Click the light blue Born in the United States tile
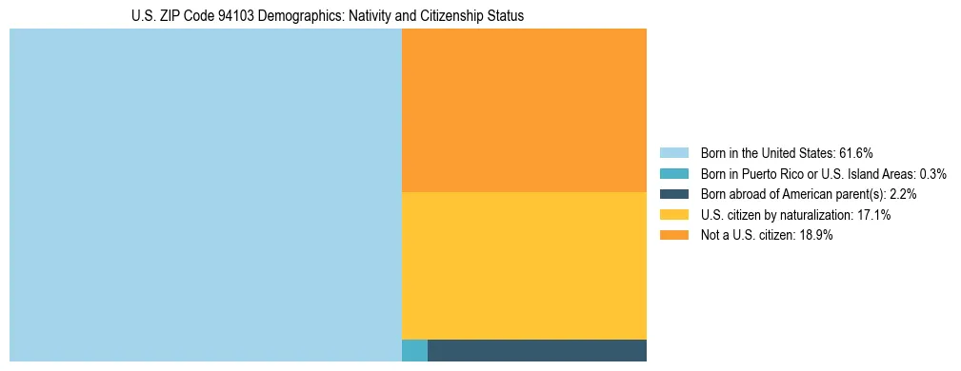coord(205,195)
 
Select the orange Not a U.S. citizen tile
coord(524,110)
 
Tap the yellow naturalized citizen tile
coord(524,265)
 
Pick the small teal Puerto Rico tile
coord(414,350)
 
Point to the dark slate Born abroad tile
coord(537,350)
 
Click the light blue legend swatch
coord(673,153)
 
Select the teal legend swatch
coord(673,174)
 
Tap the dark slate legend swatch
coord(673,194)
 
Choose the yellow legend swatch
coord(673,215)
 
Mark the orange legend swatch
coord(673,235)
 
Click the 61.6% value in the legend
coord(855,153)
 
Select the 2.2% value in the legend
coord(903,194)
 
